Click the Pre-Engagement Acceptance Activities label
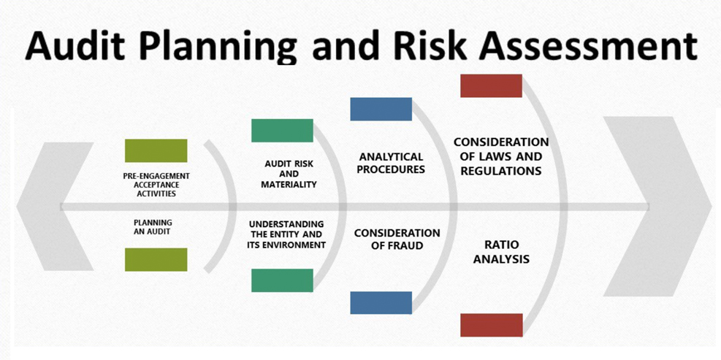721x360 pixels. (x=156, y=185)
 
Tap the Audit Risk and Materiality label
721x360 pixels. (x=289, y=174)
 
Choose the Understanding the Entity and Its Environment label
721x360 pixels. (x=287, y=234)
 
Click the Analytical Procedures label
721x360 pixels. (x=391, y=163)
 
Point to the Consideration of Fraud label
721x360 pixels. (x=397, y=239)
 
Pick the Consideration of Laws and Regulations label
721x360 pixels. (x=500, y=156)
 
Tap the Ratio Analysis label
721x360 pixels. (x=501, y=251)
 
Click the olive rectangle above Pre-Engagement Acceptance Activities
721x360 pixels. (x=156, y=150)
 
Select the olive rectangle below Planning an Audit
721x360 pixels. (x=156, y=259)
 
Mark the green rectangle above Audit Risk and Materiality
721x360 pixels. (x=282, y=131)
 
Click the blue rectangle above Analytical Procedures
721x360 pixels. (x=381, y=109)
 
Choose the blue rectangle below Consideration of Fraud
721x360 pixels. (x=381, y=303)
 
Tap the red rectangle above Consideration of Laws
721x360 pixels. (x=491, y=85)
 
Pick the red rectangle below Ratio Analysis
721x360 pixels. (x=492, y=325)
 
